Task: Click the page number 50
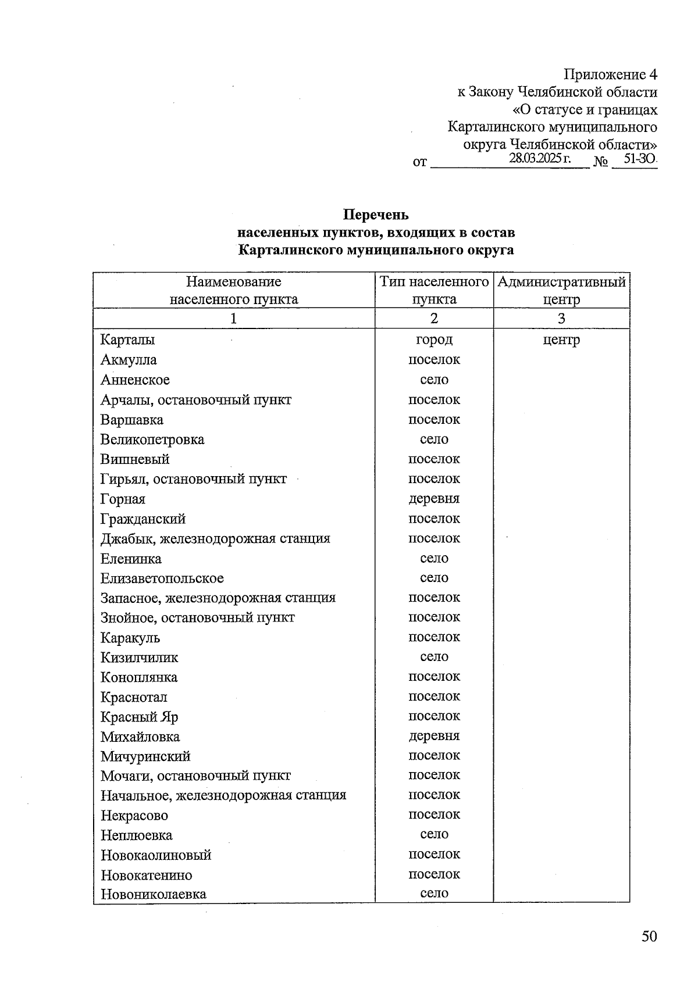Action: pyautogui.click(x=649, y=937)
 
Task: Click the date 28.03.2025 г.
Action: pyautogui.click(x=539, y=158)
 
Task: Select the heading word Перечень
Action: pyautogui.click(x=376, y=215)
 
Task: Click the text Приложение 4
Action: pyautogui.click(x=610, y=74)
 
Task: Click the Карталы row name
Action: pyautogui.click(x=127, y=340)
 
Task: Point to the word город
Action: pyautogui.click(x=434, y=340)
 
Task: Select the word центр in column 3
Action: pyautogui.click(x=561, y=340)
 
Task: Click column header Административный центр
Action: pyautogui.click(x=561, y=290)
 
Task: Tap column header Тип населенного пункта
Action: pyautogui.click(x=434, y=290)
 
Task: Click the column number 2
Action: pyautogui.click(x=434, y=318)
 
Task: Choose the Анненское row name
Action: pyautogui.click(x=135, y=380)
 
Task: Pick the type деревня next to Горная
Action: pyautogui.click(x=434, y=499)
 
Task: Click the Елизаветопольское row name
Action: pyautogui.click(x=162, y=578)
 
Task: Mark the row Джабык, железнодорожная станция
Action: pyautogui.click(x=215, y=538)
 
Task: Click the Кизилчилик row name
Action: pyautogui.click(x=139, y=658)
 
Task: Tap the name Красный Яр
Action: pyautogui.click(x=139, y=717)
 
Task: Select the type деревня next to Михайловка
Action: pyautogui.click(x=434, y=736)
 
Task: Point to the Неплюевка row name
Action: pyautogui.click(x=136, y=835)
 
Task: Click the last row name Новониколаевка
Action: pyautogui.click(x=153, y=894)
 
